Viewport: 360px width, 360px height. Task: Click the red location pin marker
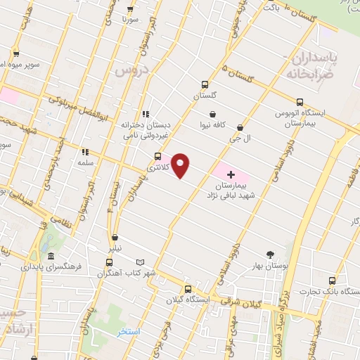tap(181, 165)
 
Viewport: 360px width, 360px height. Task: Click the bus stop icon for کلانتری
tap(157, 156)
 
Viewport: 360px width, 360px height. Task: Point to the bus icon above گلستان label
tap(204, 82)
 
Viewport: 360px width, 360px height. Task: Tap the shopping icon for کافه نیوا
tap(213, 114)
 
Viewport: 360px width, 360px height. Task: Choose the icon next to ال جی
tap(241, 127)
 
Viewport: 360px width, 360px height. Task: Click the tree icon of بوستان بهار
tap(271, 255)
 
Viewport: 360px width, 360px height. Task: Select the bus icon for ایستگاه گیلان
tap(187, 289)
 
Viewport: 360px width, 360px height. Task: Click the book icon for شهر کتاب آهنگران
tap(140, 262)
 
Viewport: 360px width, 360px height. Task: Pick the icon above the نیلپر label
tap(115, 237)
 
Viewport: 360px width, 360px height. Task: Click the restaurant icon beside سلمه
tap(85, 151)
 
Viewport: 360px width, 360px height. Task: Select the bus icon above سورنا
tap(130, 9)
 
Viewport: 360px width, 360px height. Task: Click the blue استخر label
tap(127, 330)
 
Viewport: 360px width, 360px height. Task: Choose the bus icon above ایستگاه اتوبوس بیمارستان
tap(302, 99)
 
